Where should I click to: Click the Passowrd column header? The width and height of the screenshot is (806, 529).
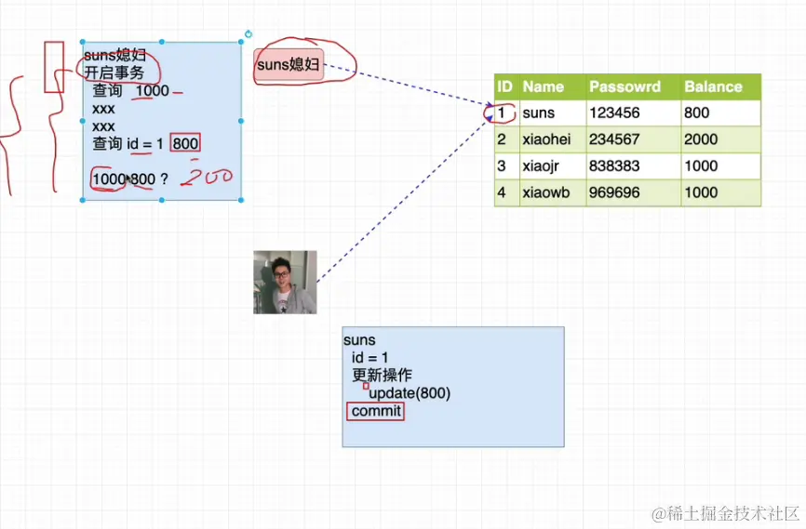pos(625,86)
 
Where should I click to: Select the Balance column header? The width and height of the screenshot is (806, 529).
pos(713,86)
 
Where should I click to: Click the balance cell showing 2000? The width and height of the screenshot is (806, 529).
pos(701,139)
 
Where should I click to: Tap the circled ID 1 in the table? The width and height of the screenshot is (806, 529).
pos(501,113)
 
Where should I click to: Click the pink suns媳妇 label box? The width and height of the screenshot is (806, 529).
pos(289,65)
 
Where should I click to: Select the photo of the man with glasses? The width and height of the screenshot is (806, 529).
pos(285,282)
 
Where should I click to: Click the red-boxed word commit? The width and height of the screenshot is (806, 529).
pos(376,411)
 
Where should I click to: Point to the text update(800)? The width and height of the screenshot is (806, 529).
pos(410,393)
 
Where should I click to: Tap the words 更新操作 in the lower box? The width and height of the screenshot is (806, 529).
pos(382,376)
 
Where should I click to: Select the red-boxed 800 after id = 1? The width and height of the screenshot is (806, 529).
pos(186,143)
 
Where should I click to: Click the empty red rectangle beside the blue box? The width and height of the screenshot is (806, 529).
pos(54,66)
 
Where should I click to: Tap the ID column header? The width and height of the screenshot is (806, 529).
pos(505,86)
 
